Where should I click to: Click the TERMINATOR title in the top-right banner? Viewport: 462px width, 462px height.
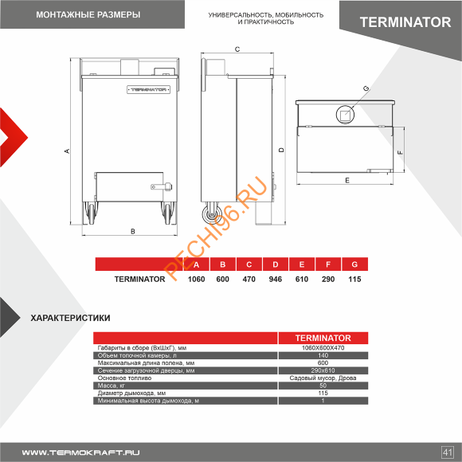tap(405, 22)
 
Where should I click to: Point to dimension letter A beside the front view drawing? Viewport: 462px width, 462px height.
tap(68, 151)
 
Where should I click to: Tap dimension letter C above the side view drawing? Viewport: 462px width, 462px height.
tap(237, 49)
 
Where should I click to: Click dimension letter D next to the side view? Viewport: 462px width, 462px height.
tap(281, 150)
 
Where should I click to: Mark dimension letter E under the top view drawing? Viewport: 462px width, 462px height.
tap(346, 182)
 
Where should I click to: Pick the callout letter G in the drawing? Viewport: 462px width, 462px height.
tap(366, 88)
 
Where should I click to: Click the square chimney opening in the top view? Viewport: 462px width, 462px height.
tap(346, 115)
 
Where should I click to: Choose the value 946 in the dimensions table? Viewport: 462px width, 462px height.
tap(275, 280)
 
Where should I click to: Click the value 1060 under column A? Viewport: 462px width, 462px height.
tap(196, 280)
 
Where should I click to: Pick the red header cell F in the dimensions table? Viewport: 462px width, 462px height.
tap(327, 264)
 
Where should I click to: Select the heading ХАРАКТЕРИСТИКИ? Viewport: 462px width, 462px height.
tap(70, 318)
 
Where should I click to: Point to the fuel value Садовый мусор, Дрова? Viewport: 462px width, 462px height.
tap(323, 378)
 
